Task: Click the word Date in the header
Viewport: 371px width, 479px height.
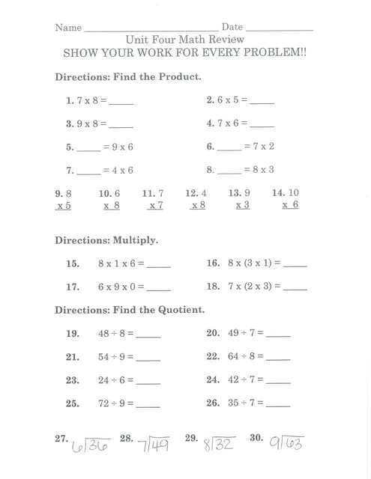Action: [232, 27]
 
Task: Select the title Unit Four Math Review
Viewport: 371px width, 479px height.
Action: [184, 40]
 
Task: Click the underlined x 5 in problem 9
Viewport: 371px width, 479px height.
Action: [64, 205]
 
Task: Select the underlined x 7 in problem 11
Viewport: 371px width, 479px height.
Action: [155, 205]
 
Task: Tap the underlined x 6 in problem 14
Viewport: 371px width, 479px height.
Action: [290, 205]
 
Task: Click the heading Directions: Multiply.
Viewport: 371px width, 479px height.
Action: [106, 240]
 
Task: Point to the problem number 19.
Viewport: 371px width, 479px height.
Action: [73, 334]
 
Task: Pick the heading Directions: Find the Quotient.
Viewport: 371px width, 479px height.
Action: [130, 310]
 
